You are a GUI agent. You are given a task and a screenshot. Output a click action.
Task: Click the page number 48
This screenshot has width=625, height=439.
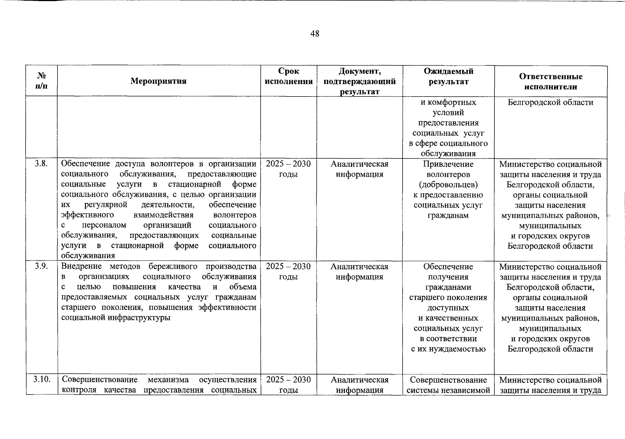tap(315, 34)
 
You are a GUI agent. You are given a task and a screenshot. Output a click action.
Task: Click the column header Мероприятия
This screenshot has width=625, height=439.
tap(158, 81)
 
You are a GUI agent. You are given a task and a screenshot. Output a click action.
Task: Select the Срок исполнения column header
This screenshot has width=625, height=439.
tap(289, 76)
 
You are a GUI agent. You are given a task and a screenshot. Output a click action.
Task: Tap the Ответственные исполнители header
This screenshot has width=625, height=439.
tap(550, 82)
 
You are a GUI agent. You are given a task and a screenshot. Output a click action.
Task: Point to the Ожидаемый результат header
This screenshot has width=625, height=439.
tap(448, 76)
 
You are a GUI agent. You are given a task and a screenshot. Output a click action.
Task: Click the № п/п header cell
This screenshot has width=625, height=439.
tap(42, 81)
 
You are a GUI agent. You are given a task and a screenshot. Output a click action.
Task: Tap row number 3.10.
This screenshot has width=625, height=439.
tap(41, 379)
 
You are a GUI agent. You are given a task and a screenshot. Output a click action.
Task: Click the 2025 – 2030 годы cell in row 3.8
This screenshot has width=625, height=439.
tap(288, 169)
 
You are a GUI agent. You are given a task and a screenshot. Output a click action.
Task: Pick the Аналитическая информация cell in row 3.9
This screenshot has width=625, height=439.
tap(359, 271)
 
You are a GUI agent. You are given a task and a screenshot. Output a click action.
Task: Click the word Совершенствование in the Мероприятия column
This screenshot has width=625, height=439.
tap(100, 379)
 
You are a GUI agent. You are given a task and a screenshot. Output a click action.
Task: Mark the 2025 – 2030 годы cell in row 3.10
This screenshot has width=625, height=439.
tap(288, 384)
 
